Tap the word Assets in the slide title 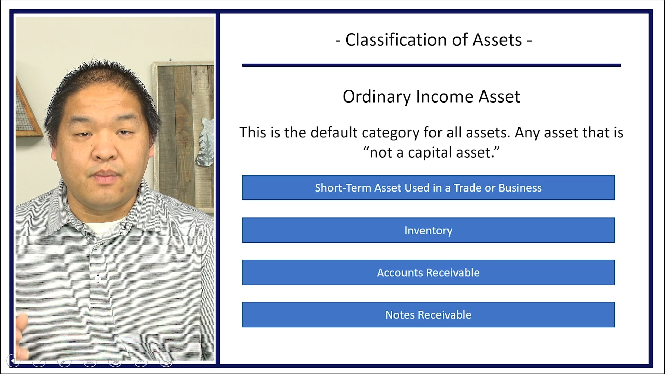pyautogui.click(x=497, y=40)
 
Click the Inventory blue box pyautogui.click(x=428, y=230)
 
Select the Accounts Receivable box pyautogui.click(x=428, y=273)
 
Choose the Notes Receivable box pyautogui.click(x=428, y=315)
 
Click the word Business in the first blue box pyautogui.click(x=520, y=188)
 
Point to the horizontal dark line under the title pyautogui.click(x=431, y=65)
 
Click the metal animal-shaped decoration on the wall pyautogui.click(x=206, y=142)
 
